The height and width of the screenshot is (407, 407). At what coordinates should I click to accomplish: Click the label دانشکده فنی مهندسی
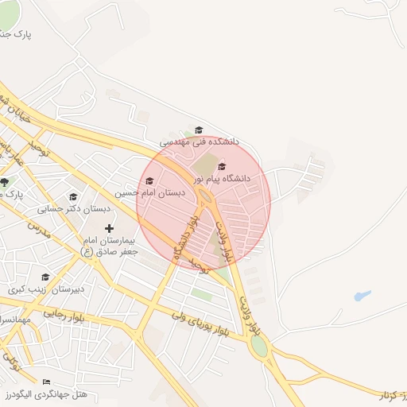coord(200,142)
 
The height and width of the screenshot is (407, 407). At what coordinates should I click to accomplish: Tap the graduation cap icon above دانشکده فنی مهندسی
coord(199,130)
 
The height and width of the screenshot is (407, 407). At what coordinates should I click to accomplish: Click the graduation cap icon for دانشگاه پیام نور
coord(221,166)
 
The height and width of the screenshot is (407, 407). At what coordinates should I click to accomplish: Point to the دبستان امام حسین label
coord(150,192)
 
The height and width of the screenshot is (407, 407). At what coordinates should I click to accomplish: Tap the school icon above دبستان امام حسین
coord(149,180)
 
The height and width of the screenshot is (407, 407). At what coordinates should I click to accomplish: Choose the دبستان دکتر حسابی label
coord(72,209)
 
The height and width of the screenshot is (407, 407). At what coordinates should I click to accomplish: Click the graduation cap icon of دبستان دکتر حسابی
coord(73,197)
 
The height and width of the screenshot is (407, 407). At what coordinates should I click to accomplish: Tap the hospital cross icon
coord(109,229)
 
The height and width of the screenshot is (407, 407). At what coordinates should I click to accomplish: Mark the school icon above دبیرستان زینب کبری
coord(45,277)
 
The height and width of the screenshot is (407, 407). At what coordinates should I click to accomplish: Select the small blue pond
coord(362,296)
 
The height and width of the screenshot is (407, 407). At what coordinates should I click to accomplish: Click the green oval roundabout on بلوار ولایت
coord(259,347)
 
